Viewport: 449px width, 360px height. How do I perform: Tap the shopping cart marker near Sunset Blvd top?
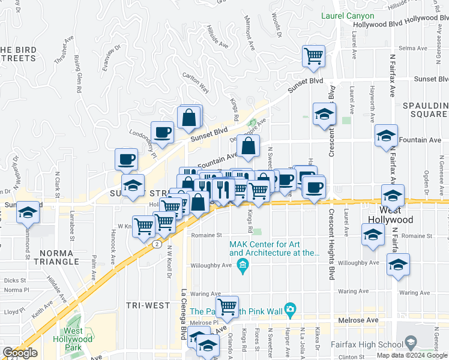pyautogui.click(x=313, y=57)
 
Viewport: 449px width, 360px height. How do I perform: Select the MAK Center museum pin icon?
pyautogui.click(x=243, y=267)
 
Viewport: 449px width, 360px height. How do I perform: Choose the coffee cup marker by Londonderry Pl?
pyautogui.click(x=162, y=133)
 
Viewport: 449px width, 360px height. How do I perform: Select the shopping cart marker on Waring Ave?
pyautogui.click(x=227, y=307)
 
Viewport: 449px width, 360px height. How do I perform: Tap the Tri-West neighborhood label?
pyautogui.click(x=148, y=305)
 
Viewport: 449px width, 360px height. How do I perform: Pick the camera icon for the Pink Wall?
pyautogui.click(x=291, y=310)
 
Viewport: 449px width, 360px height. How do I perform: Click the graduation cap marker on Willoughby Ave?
pyautogui.click(x=398, y=265)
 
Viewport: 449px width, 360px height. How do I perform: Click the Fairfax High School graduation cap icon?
pyautogui.click(x=411, y=343)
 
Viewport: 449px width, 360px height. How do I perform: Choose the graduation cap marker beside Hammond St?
pyautogui.click(x=27, y=212)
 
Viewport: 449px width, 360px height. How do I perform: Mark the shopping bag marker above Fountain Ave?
pyautogui.click(x=248, y=146)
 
